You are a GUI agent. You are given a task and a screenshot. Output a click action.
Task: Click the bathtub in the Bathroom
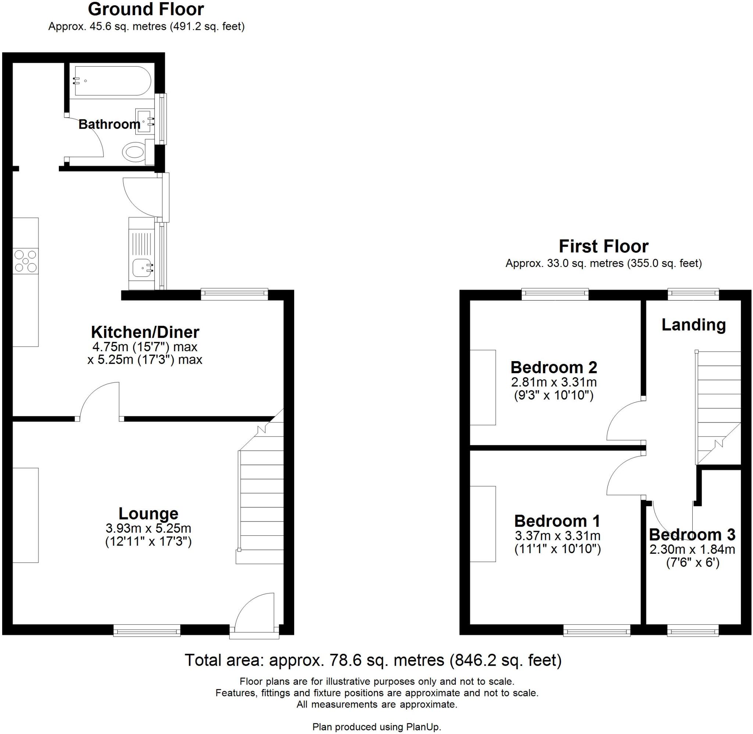111,81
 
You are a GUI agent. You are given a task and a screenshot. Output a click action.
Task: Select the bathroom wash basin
144,121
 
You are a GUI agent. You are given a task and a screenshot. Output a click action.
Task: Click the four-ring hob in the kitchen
25,261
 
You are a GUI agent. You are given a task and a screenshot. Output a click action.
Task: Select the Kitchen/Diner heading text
145,332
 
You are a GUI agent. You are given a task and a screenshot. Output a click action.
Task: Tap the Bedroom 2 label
553,367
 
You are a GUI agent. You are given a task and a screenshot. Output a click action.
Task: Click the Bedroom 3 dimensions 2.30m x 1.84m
692,549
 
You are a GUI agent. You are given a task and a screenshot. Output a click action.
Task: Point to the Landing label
693,325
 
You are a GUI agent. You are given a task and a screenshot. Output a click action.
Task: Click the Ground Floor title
146,9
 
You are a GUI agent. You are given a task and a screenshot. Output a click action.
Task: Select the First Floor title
603,246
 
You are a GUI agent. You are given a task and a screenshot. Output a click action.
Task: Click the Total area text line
373,660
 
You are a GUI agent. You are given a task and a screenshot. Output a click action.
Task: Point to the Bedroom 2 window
555,294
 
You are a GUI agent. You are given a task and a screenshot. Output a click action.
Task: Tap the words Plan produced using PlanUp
376,727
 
